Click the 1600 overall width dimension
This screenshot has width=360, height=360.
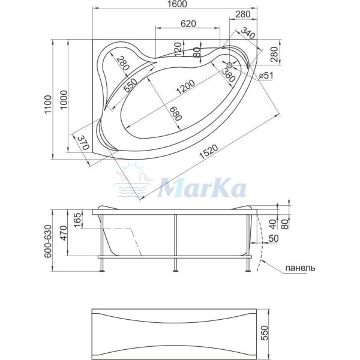[x=178, y=4]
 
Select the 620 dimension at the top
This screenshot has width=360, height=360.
[x=188, y=23]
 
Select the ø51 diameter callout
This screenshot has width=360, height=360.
[x=266, y=74]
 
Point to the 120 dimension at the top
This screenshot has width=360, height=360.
[x=178, y=49]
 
